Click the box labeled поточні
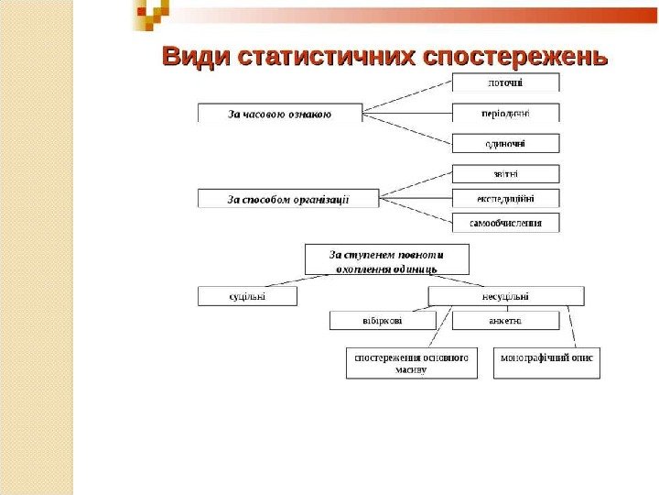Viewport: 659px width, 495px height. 505,82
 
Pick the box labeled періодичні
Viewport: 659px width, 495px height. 505,114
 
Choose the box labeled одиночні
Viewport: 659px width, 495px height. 505,143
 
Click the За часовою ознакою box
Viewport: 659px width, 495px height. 279,114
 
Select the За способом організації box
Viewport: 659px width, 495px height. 288,198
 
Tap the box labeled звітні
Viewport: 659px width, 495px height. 505,173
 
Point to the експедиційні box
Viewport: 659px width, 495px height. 505,198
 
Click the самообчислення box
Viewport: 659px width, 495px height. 505,223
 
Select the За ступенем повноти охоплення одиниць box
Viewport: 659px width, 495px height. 386,259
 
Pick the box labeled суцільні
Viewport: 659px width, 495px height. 247,296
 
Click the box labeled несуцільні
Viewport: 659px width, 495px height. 505,296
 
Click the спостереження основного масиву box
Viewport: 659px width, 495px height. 412,362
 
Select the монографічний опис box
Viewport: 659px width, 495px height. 546,360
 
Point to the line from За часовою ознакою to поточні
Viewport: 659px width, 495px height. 407,97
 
